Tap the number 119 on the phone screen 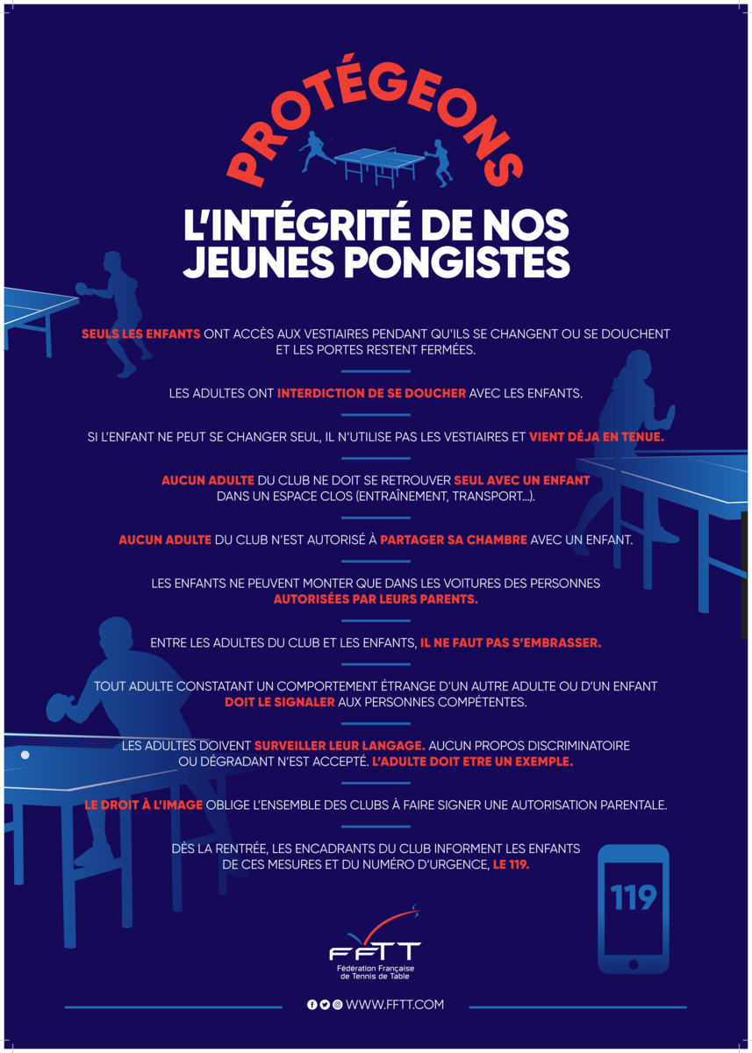[x=634, y=898]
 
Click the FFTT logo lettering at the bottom [x=375, y=952]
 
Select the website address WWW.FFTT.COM [x=395, y=1005]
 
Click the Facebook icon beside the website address [x=312, y=1005]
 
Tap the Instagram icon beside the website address [x=337, y=1005]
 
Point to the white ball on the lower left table [x=25, y=755]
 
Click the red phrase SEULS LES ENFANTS [x=141, y=334]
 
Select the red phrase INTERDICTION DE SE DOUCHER [x=371, y=394]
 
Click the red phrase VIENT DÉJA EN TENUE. [x=597, y=436]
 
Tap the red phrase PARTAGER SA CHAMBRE [x=454, y=540]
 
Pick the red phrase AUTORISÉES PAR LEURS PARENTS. [x=376, y=600]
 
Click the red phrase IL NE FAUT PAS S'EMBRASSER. [x=511, y=642]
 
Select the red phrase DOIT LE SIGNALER [x=280, y=702]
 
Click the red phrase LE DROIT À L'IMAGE [x=144, y=805]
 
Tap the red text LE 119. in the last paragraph [x=511, y=864]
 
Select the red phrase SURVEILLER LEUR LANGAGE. [x=340, y=745]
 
